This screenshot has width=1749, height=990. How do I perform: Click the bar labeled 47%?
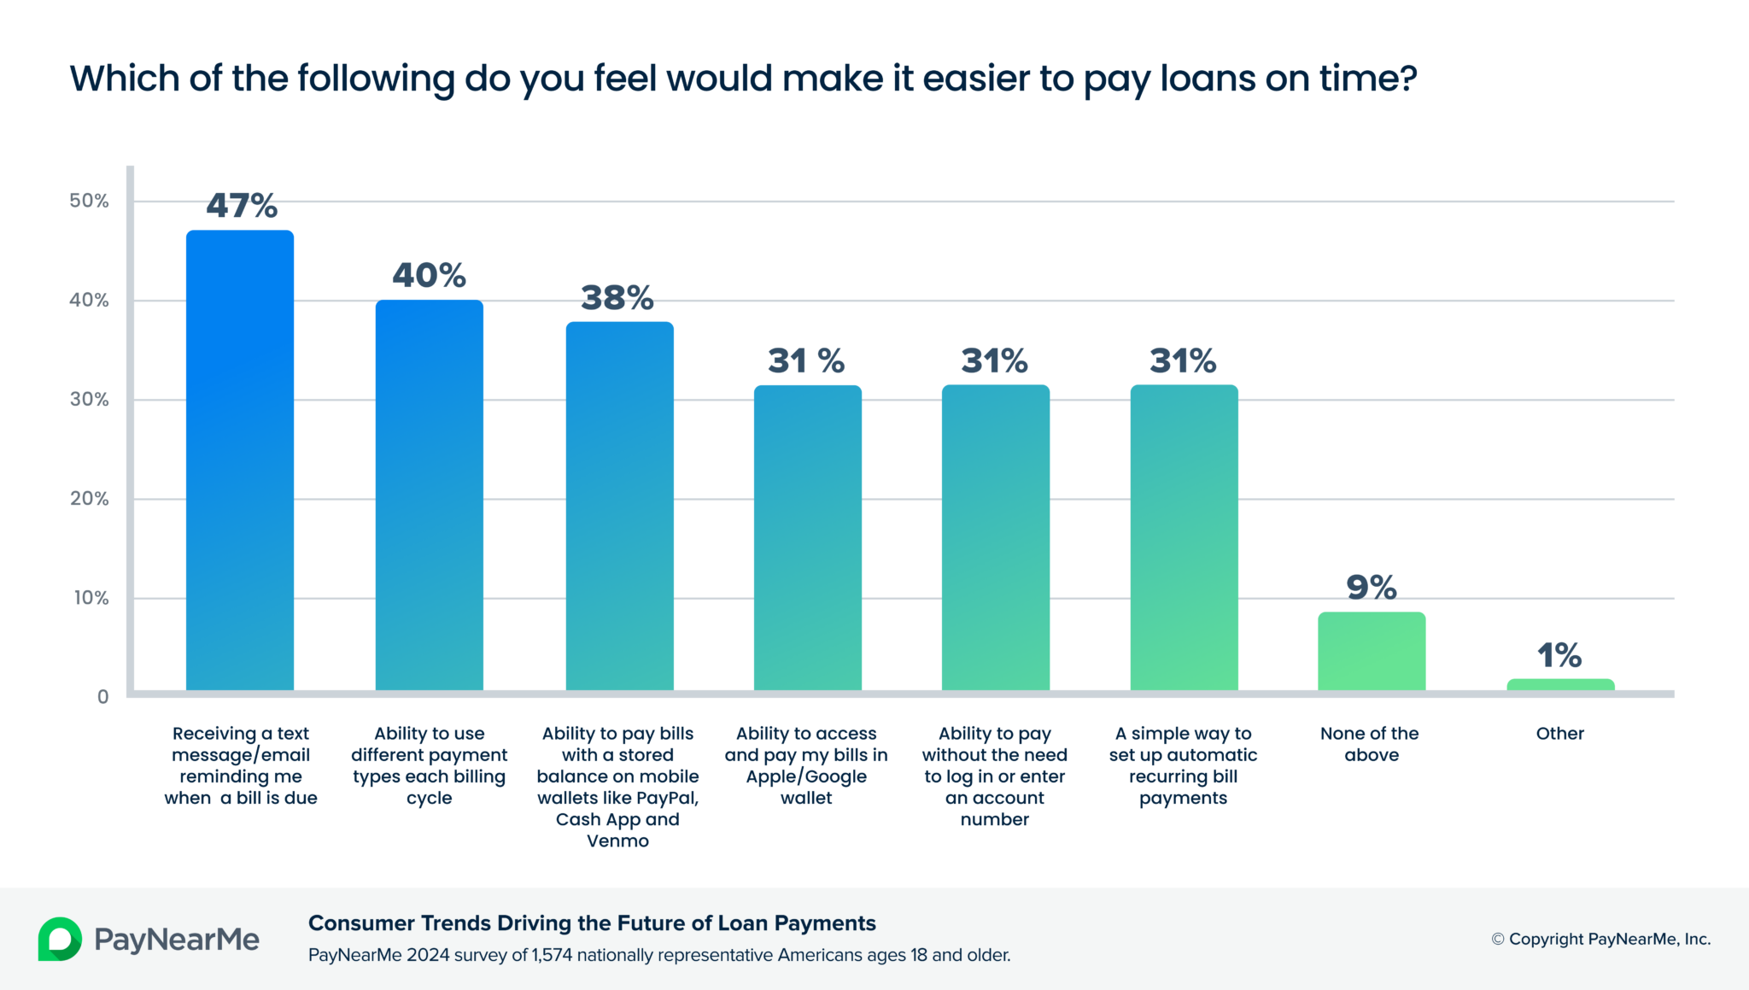pos(240,461)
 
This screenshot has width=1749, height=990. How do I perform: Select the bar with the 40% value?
pos(429,495)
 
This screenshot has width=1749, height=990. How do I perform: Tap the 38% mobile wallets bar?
pos(619,506)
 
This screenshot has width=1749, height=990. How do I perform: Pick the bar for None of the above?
pos(1372,651)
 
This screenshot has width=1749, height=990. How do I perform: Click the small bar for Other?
pos(1560,684)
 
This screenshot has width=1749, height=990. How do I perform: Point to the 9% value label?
pos(1372,587)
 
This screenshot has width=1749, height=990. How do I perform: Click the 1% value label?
pos(1559,655)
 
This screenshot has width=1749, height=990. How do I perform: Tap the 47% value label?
pos(242,205)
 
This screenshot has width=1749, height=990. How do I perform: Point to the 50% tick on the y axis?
pos(89,201)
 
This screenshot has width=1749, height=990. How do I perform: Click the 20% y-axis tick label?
pos(89,499)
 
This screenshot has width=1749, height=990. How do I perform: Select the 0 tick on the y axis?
pos(102,697)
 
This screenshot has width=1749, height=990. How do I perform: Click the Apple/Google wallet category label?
pos(806,765)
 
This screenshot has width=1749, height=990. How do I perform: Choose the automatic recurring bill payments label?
pos(1183,765)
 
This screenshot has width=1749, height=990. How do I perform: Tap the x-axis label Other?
pos(1559,733)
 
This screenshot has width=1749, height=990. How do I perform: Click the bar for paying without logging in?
pos(995,538)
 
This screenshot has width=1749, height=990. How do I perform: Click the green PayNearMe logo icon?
pos(60,939)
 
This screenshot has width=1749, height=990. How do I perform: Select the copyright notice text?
pos(1601,939)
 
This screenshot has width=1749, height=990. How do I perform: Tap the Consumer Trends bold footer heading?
pos(592,923)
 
